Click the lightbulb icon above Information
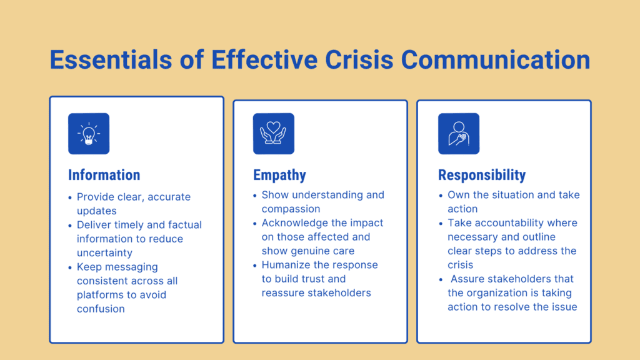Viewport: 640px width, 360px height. click(x=89, y=134)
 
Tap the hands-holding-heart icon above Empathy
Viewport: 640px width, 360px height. click(x=274, y=134)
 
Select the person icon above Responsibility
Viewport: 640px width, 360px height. click(x=459, y=134)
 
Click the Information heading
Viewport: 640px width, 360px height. click(x=104, y=175)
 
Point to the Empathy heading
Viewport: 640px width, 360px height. click(x=279, y=175)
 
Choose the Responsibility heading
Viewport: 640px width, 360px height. click(x=482, y=175)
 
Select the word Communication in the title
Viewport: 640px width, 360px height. click(x=496, y=59)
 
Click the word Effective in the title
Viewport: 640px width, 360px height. click(x=264, y=59)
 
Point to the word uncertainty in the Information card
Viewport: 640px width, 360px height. click(x=104, y=252)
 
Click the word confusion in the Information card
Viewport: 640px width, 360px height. click(x=101, y=309)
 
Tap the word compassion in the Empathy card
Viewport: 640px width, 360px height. click(x=291, y=209)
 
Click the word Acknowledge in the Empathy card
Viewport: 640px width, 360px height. click(x=295, y=223)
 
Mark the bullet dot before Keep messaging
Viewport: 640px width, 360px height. click(x=70, y=267)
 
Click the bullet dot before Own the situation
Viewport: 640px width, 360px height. click(x=441, y=196)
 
